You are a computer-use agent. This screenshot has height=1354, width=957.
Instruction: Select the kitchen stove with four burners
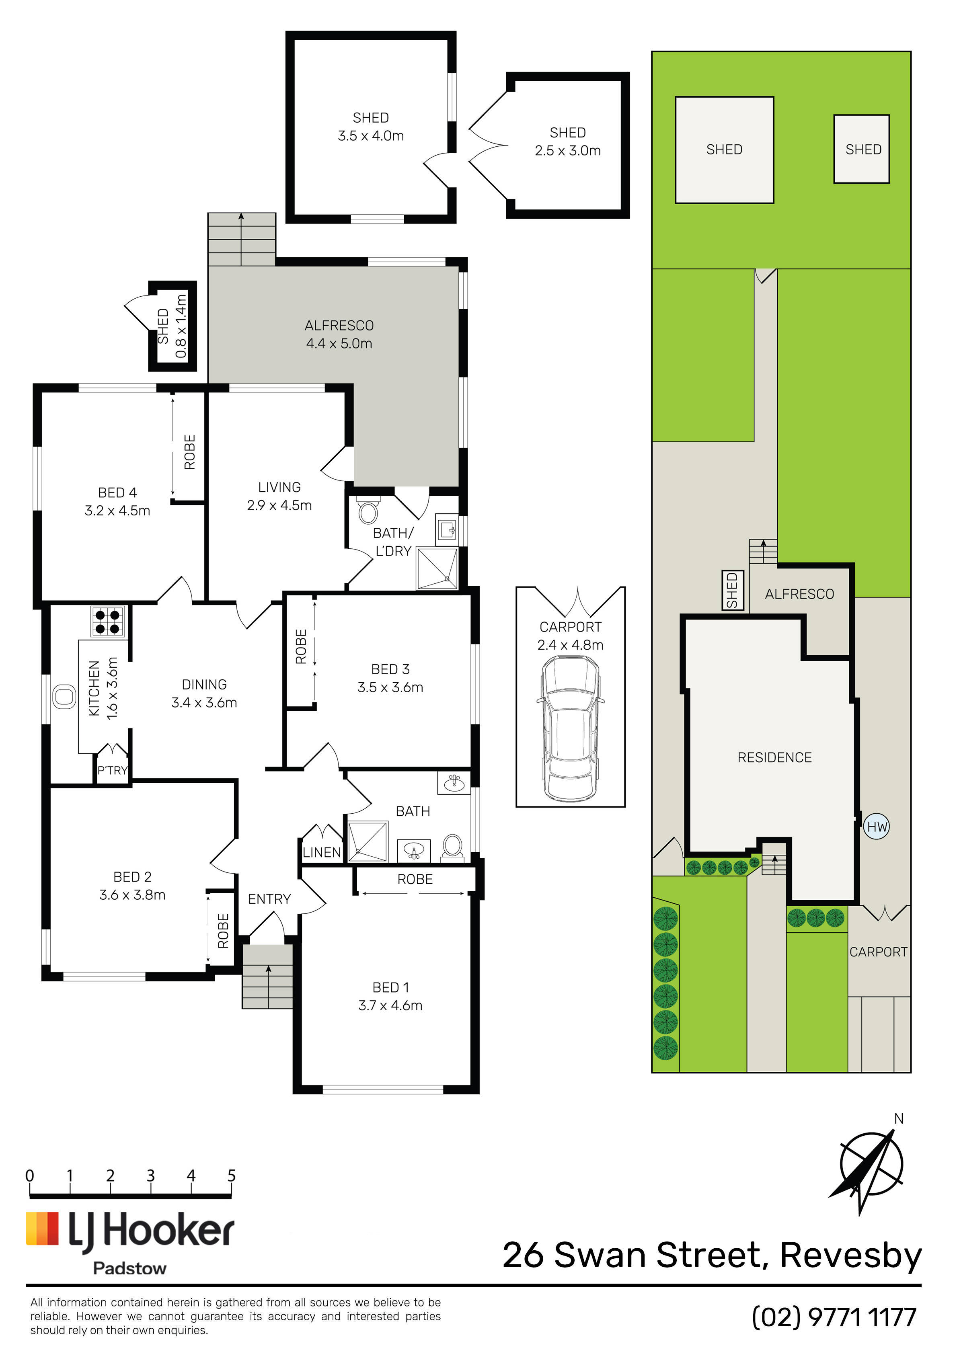[x=108, y=621]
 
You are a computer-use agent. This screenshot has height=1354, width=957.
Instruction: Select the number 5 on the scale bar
[x=231, y=1176]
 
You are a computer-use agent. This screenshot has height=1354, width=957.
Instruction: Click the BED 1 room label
[x=390, y=987]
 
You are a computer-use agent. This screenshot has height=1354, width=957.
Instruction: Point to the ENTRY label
[x=270, y=899]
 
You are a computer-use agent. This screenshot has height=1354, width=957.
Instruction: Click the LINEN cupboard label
[x=322, y=852]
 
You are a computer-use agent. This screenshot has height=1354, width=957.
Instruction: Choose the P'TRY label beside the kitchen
[x=112, y=770]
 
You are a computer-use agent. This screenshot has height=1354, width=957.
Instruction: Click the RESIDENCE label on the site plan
[x=775, y=757]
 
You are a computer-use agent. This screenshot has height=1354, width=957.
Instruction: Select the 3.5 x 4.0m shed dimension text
[x=370, y=135]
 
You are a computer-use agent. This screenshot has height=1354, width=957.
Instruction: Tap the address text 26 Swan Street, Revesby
[x=712, y=1255]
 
